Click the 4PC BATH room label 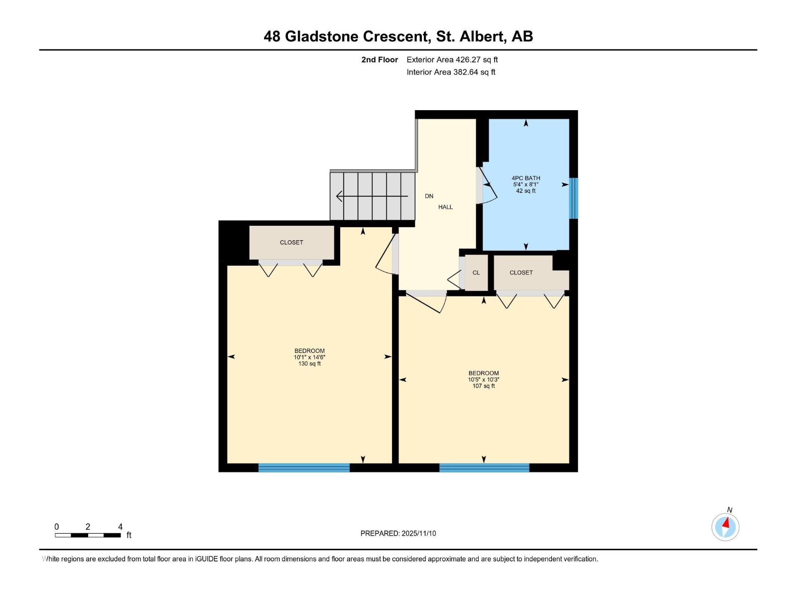[526, 178]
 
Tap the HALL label [445, 207]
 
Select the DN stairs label [429, 196]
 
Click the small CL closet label [476, 273]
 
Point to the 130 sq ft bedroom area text [309, 364]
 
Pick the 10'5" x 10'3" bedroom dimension [483, 380]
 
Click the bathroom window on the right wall [573, 198]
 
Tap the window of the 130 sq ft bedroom [304, 467]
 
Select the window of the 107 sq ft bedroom [484, 467]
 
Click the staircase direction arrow [371, 196]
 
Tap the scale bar [88, 535]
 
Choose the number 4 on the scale [120, 527]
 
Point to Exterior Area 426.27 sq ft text [452, 60]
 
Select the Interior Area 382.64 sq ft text [451, 72]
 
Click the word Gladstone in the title [321, 36]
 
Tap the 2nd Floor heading [380, 60]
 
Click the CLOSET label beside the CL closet [521, 273]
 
